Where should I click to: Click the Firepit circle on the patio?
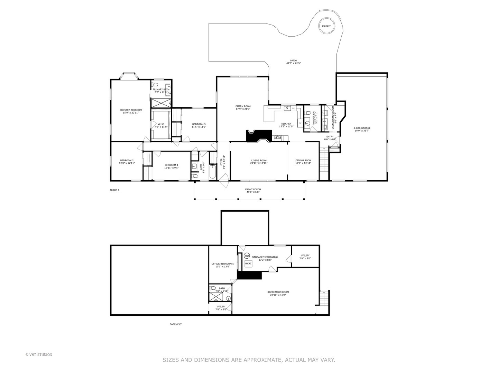click(326, 26)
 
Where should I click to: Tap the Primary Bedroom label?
click(131, 110)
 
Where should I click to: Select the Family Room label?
click(243, 106)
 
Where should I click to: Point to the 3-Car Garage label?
click(362, 128)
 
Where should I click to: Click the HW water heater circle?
click(247, 256)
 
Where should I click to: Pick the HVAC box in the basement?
click(248, 264)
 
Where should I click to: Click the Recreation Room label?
click(278, 292)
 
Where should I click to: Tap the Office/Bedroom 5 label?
click(222, 264)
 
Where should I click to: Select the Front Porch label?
click(253, 189)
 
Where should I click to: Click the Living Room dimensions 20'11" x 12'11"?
click(259, 163)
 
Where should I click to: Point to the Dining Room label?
click(303, 160)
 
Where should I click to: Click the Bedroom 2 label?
click(127, 160)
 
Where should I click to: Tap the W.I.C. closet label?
click(161, 124)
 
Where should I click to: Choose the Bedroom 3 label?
click(199, 124)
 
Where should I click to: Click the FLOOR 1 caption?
click(114, 190)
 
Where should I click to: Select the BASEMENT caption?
click(175, 324)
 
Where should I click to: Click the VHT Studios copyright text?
click(39, 355)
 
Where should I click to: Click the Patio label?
click(293, 60)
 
